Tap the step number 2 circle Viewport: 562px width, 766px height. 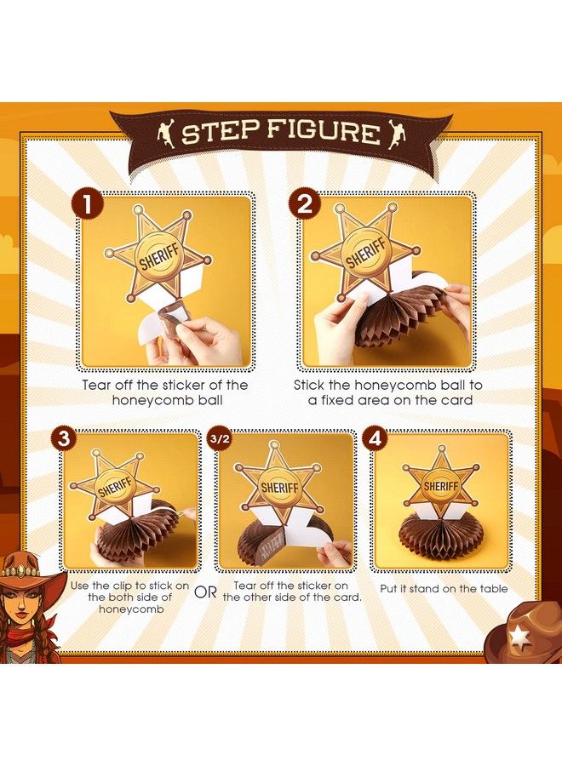(x=304, y=205)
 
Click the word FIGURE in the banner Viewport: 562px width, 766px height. (x=324, y=133)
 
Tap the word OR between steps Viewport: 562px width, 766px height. (x=205, y=592)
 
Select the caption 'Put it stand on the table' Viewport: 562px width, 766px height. (x=444, y=589)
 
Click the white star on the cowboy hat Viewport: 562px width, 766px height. (x=519, y=635)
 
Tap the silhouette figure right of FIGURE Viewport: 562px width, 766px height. (x=396, y=132)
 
